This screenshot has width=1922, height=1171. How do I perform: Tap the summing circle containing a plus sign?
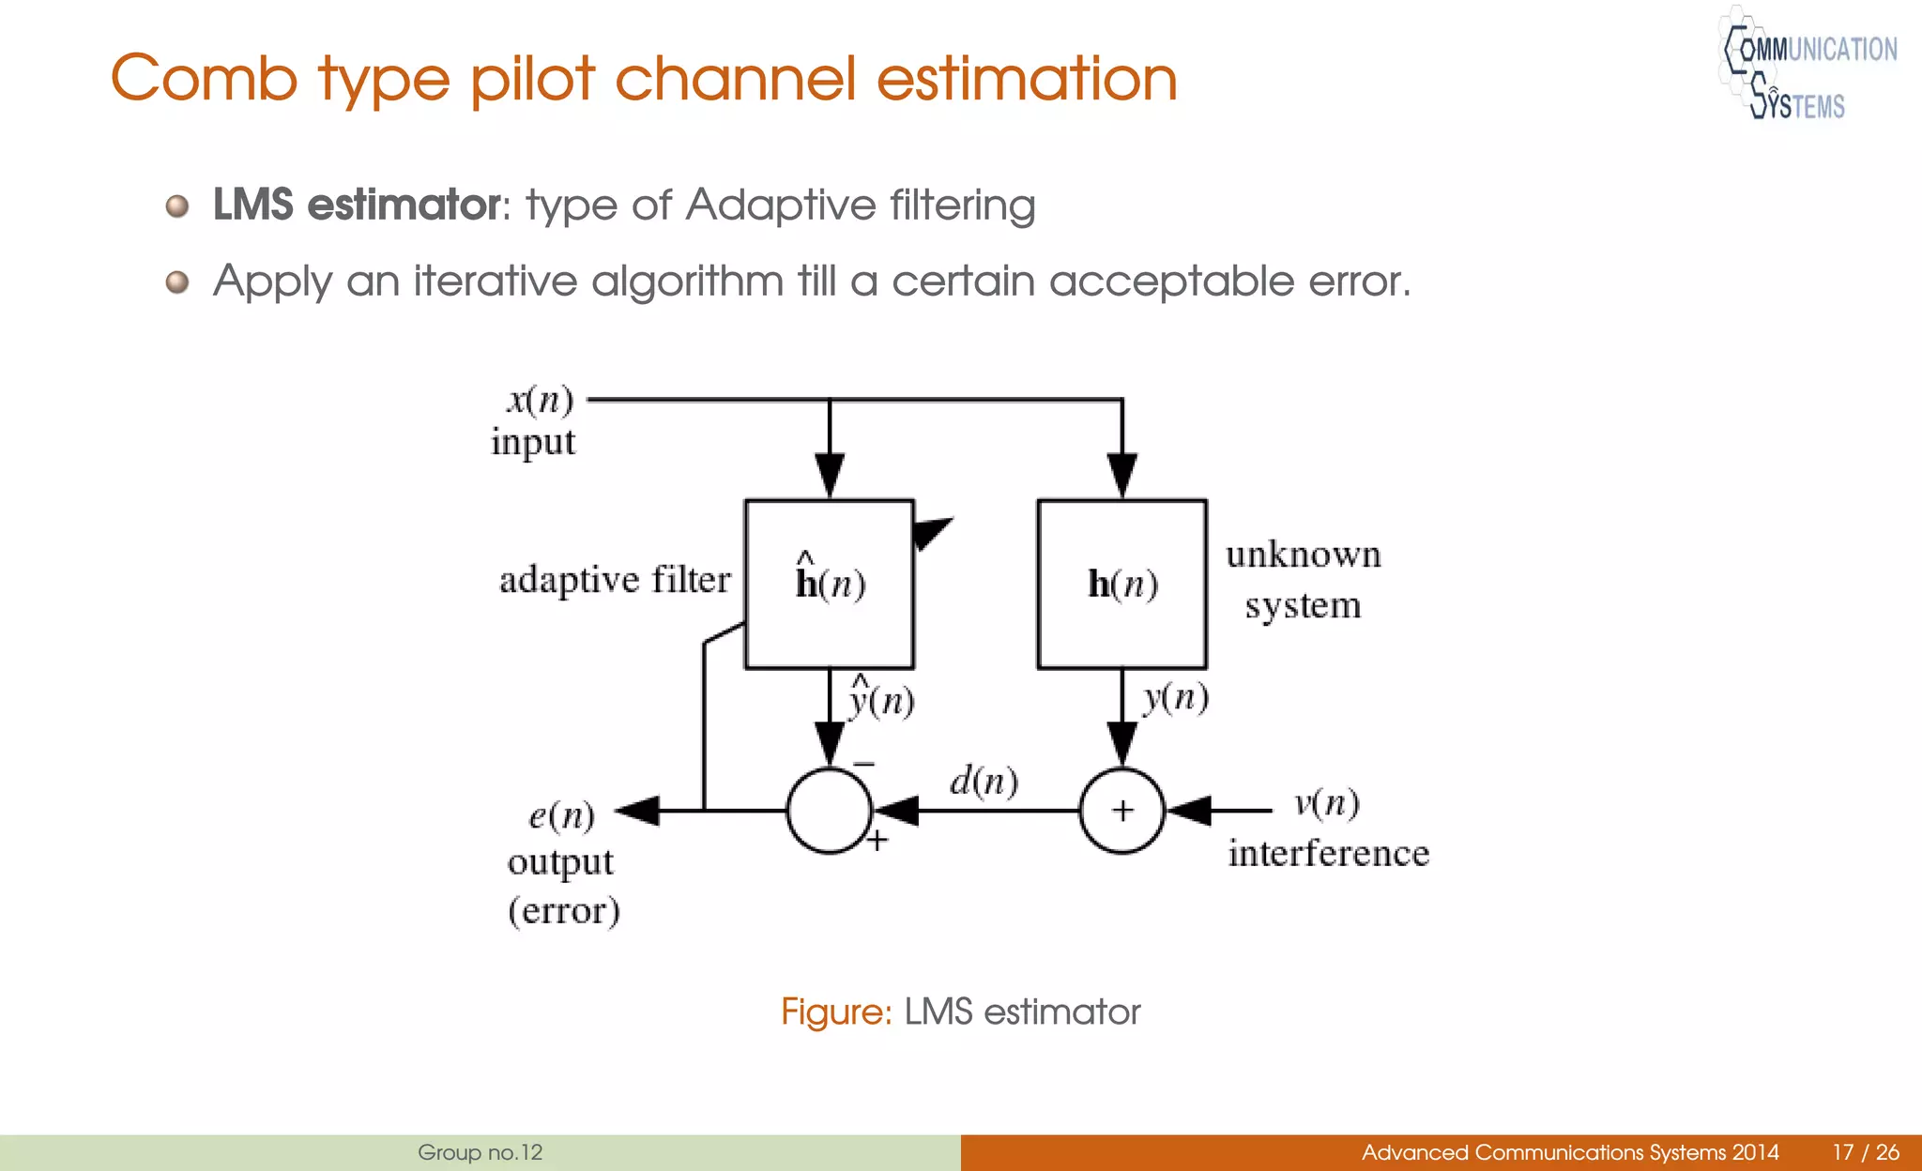click(x=1122, y=810)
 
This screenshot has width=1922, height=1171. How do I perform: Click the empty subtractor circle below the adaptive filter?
click(x=829, y=811)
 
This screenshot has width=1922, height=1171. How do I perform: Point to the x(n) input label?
click(x=540, y=401)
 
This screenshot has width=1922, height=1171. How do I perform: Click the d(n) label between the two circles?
click(x=984, y=781)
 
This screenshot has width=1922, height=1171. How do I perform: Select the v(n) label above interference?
click(x=1326, y=803)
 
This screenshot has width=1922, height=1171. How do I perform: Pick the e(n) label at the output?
click(x=561, y=814)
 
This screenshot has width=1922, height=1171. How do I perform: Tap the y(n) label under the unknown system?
click(x=1175, y=697)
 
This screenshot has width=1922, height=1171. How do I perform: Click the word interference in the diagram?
click(x=1328, y=854)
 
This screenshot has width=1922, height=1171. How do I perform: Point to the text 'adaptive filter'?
click(x=615, y=580)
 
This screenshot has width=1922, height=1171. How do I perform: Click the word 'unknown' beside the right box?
click(x=1304, y=555)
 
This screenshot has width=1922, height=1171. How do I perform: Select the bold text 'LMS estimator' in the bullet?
click(x=358, y=205)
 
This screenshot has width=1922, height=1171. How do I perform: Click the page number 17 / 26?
click(x=1865, y=1152)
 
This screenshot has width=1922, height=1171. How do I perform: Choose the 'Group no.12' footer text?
click(x=480, y=1152)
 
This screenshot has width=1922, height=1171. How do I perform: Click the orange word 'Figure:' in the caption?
click(x=835, y=1011)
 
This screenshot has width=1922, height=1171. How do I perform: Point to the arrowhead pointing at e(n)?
click(x=639, y=810)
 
